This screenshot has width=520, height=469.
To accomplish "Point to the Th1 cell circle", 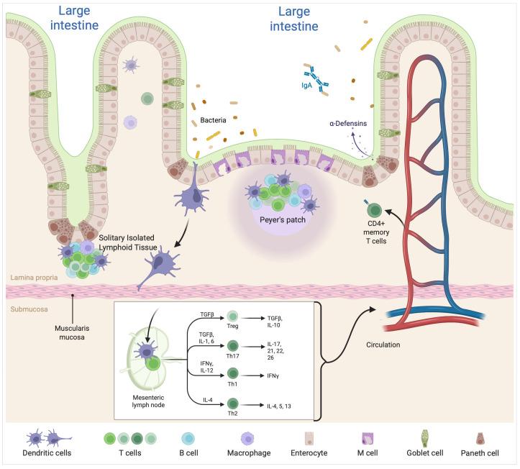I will pos(232,373).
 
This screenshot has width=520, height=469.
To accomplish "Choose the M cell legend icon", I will pos(373,440).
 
